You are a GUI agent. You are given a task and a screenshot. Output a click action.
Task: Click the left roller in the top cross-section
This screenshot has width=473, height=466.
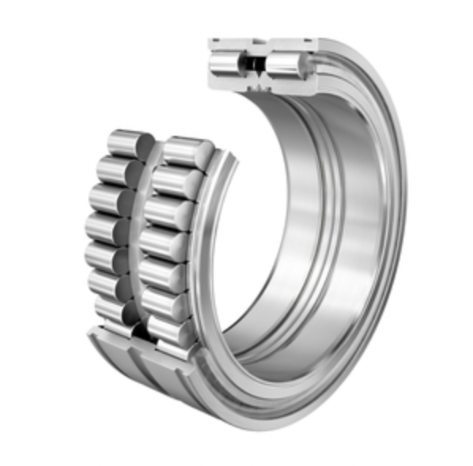pyautogui.click(x=229, y=62)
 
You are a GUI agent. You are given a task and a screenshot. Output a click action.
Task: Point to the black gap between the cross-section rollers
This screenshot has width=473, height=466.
pyautogui.click(x=256, y=63)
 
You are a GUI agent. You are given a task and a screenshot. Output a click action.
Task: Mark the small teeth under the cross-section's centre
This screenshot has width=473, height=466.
pyautogui.click(x=258, y=84)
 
